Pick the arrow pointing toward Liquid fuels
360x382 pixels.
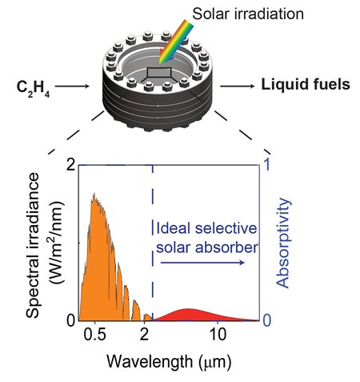click(238, 83)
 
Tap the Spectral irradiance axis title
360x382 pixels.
click(38, 240)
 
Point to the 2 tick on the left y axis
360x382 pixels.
click(70, 165)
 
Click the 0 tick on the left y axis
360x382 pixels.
click(70, 320)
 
